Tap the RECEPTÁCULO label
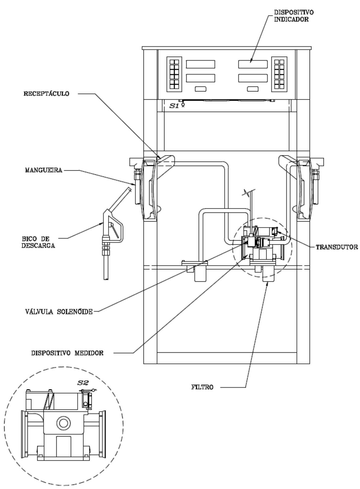click(46, 94)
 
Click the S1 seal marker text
click(175, 106)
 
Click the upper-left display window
click(200, 64)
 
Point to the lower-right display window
click(253, 78)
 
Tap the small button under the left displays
click(200, 89)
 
